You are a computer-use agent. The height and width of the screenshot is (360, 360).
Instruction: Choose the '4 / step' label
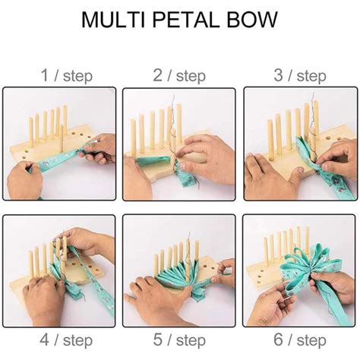(60, 336)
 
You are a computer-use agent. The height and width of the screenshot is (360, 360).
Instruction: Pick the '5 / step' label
(179, 336)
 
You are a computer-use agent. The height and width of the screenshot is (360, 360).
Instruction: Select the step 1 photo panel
(60, 144)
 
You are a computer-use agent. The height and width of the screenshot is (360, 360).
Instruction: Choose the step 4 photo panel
(60, 270)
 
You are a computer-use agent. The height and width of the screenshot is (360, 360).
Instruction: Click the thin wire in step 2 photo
(179, 122)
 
